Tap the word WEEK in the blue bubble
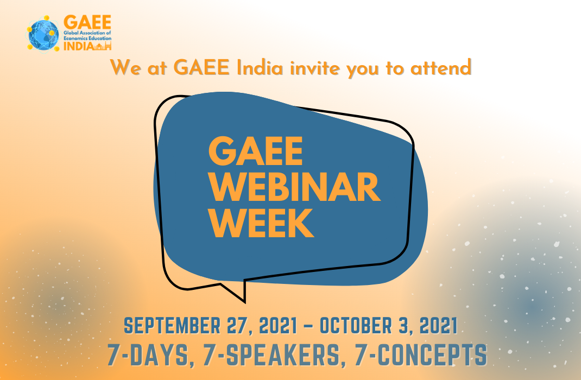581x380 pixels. (261, 223)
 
